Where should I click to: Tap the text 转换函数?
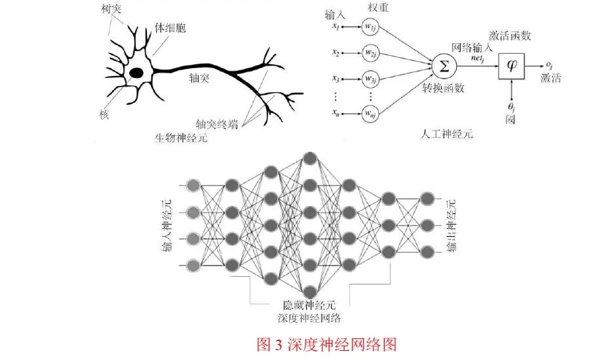click(x=444, y=88)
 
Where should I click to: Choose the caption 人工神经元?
click(x=445, y=134)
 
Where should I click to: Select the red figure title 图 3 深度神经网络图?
click(x=326, y=344)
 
